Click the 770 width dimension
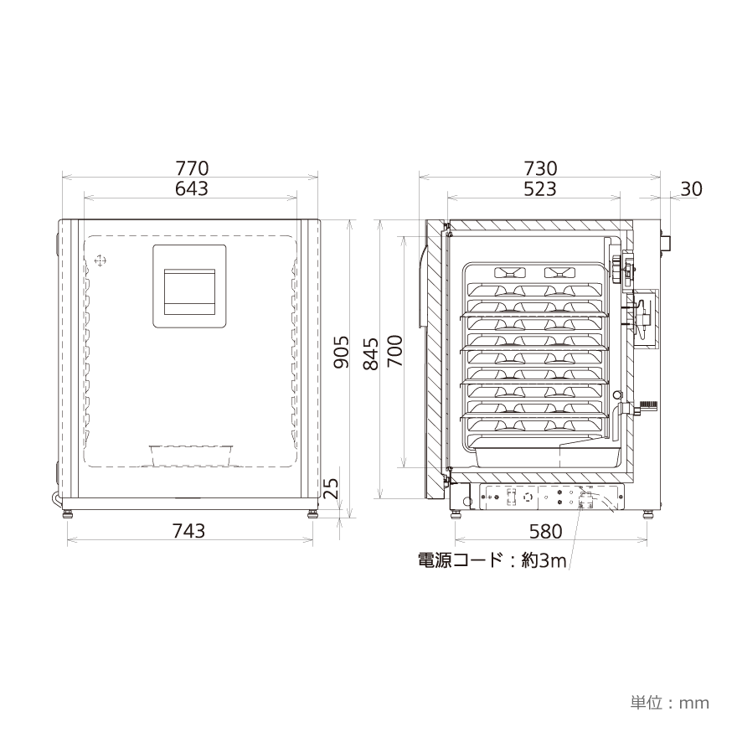click(191, 168)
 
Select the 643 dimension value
click(191, 189)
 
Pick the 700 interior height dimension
click(395, 353)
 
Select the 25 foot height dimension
click(332, 488)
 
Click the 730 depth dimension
click(540, 168)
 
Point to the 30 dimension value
click(691, 189)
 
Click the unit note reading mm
click(670, 702)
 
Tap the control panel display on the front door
click(188, 287)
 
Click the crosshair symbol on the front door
click(100, 261)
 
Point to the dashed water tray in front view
click(191, 455)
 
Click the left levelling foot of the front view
click(67, 512)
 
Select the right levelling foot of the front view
click(312, 512)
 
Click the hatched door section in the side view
click(433, 360)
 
